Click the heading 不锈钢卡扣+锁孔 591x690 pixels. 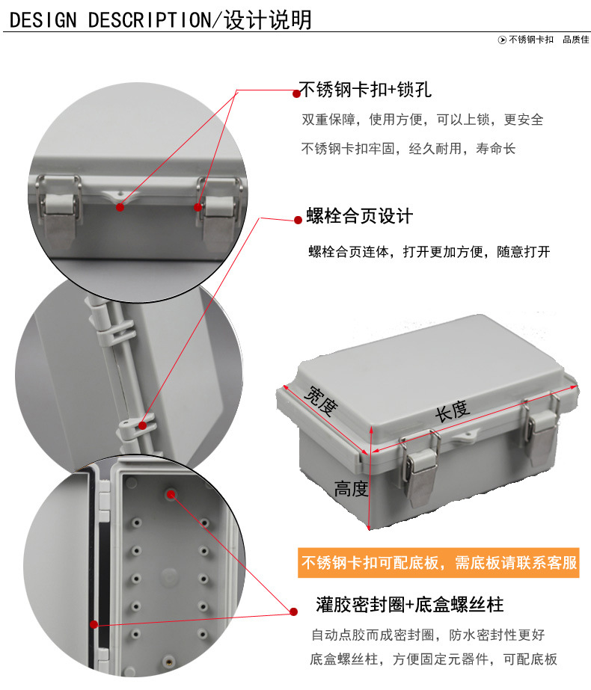coord(365,90)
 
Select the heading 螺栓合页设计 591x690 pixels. coord(359,217)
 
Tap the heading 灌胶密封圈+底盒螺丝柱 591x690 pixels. coord(409,603)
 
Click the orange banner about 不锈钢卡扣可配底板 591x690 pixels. coord(439,562)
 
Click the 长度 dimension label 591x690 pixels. coord(452,410)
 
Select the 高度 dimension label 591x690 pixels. coord(351,489)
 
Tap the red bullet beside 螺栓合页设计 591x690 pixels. coord(297,219)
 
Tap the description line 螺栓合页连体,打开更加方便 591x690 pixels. coord(429,252)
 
